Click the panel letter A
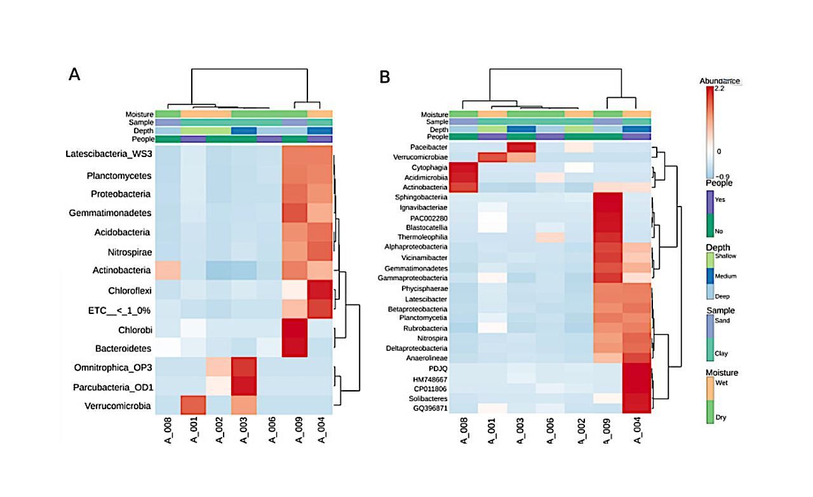coord(74,75)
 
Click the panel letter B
coord(384,77)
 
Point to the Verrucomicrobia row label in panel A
coord(117,405)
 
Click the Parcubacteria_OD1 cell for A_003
coord(243,386)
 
